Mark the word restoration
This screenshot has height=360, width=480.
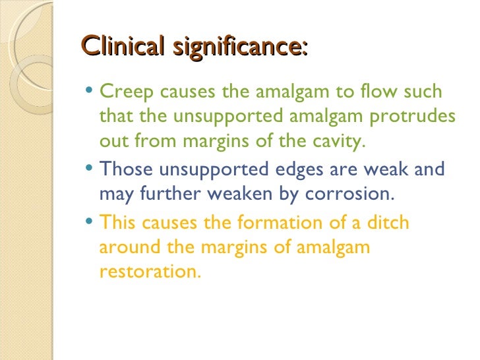[x=149, y=271]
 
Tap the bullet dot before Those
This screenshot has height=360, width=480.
[x=90, y=168]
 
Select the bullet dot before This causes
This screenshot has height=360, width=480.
[x=90, y=222]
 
